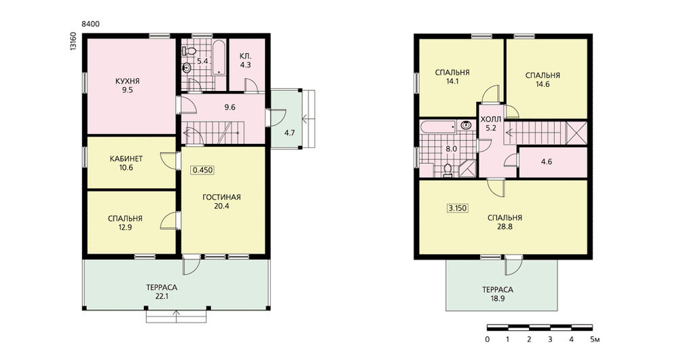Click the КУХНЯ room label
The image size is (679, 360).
coord(128,81)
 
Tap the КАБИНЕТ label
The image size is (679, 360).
coord(126,158)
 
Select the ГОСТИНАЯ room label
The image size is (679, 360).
coord(221,197)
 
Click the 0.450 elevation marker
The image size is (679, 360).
coord(202,170)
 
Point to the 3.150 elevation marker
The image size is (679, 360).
coord(457,208)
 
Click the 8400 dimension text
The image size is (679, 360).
coord(90,24)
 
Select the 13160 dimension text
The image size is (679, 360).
coord(73,41)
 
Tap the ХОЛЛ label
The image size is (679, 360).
coord(491,119)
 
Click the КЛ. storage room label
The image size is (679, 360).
coord(245,57)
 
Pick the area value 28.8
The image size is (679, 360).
coord(504,227)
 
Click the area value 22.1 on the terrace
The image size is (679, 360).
coord(162,296)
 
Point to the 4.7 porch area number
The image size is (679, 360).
coord(289,133)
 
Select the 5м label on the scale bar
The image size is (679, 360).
coord(595,339)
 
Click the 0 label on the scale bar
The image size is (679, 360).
coord(487,339)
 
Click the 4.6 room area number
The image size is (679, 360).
coord(547,162)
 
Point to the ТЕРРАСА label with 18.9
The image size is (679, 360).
coord(498,290)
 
